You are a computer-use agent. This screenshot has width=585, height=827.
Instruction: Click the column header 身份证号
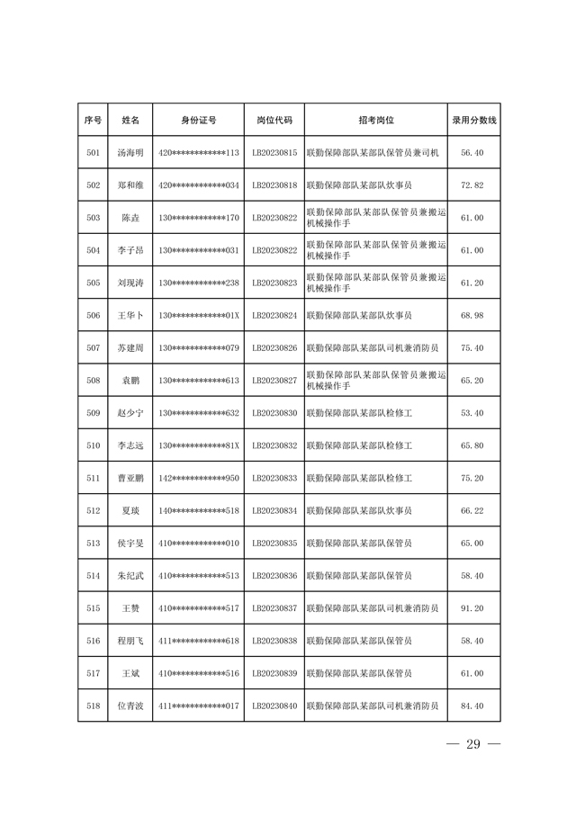198,120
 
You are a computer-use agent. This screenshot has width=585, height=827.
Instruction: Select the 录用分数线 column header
473,120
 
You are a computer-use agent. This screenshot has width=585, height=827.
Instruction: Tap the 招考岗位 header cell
376,120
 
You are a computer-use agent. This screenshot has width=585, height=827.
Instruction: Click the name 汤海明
130,153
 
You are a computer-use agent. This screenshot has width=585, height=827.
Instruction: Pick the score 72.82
472,185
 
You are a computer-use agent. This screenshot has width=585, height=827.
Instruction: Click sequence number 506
93,316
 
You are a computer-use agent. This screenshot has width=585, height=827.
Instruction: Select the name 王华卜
130,316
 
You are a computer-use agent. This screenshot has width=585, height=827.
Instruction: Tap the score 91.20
472,608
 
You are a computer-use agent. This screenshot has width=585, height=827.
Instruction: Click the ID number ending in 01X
198,316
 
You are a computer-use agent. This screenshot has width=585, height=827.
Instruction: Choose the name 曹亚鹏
130,478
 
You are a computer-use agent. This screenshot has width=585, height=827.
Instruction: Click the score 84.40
472,706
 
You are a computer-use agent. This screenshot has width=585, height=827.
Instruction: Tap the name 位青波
130,706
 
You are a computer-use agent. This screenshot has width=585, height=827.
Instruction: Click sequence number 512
93,511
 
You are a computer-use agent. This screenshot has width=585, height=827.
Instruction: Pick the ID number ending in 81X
198,445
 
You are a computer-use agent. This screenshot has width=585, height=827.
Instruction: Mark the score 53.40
472,413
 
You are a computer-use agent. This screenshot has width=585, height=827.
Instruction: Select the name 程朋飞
130,641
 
